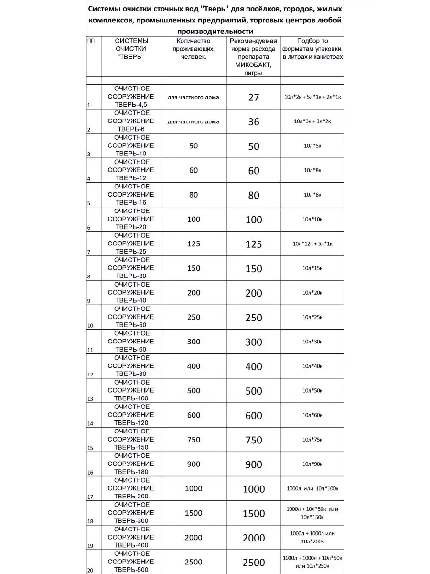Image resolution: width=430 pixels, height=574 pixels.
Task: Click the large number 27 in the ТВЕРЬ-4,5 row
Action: (253, 97)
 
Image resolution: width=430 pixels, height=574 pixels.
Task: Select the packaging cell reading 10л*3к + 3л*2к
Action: (312, 121)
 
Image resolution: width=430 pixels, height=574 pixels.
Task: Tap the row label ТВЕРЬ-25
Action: (130, 251)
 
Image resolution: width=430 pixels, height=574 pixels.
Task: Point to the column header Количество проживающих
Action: (193, 49)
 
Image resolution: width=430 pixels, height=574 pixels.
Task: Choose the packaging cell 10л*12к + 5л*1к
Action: (312, 244)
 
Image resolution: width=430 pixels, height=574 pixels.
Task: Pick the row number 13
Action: (90, 399)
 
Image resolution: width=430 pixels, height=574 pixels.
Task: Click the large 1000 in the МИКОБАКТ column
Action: (253, 489)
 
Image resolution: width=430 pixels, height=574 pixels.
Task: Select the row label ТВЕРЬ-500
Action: (130, 569)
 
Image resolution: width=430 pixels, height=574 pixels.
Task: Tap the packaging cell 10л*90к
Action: (312, 464)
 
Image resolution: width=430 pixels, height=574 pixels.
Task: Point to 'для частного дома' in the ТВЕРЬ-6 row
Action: (193, 121)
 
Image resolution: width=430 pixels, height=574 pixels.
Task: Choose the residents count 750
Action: (193, 440)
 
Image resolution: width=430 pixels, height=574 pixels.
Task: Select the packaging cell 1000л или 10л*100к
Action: (312, 488)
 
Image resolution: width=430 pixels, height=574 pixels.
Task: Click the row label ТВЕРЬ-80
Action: (130, 374)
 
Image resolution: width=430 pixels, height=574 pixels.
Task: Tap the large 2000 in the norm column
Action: (253, 538)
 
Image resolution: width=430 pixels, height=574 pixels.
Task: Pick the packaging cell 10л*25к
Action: (312, 317)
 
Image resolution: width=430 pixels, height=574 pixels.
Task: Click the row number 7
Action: (89, 252)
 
